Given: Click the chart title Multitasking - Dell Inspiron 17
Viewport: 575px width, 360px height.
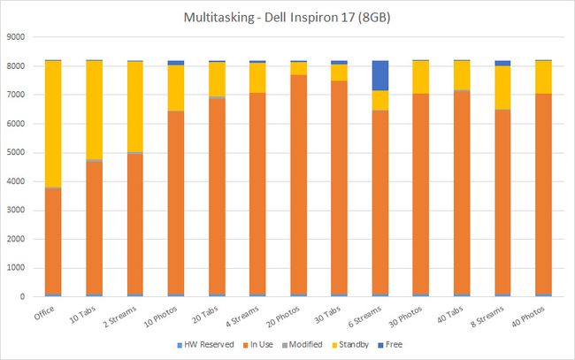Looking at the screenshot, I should tap(287, 17).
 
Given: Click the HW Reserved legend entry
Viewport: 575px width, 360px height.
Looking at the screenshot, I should tap(210, 345).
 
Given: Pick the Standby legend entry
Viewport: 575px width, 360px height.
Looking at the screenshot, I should tap(344, 345).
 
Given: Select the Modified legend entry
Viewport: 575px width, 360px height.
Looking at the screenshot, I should tap(298, 345).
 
